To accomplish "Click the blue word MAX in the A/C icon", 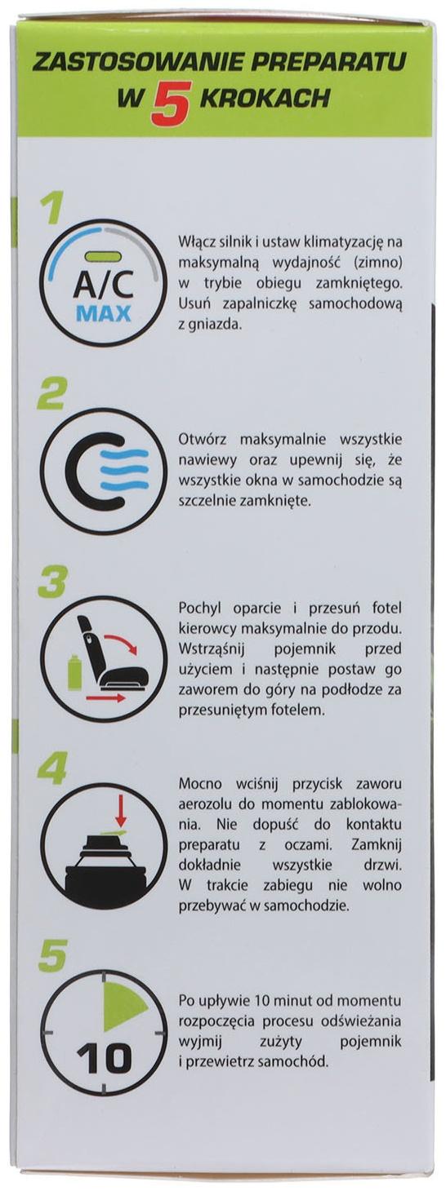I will tap(104, 314).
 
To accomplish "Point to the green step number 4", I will tap(54, 768).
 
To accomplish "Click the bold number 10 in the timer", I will tap(104, 1057).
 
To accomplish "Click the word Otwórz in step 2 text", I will tap(201, 440).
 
